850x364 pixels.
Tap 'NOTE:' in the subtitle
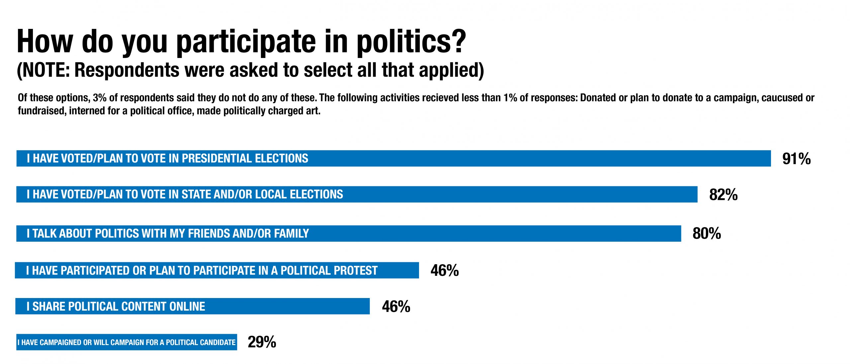coord(46,70)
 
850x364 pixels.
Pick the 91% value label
coord(796,159)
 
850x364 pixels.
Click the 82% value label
coord(723,195)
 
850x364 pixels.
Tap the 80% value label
coord(707,234)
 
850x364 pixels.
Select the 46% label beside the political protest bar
coord(445,271)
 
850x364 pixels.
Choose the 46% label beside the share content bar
coord(396,307)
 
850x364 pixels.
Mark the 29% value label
coord(262,342)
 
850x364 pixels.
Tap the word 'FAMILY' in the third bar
coord(291,234)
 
